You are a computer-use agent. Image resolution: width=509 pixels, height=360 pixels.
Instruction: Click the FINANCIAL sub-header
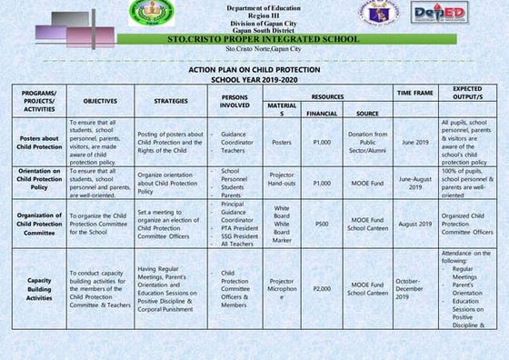click(322, 114)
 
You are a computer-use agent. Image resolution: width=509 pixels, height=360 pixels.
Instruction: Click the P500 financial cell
click(322, 222)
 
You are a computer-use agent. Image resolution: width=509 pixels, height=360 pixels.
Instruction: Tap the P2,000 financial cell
click(322, 287)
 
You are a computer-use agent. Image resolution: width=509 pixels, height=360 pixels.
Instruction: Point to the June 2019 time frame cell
click(414, 142)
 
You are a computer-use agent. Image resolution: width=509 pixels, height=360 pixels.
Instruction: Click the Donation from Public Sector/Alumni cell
click(368, 142)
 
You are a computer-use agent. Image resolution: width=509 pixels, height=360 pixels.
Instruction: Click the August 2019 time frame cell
click(414, 222)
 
